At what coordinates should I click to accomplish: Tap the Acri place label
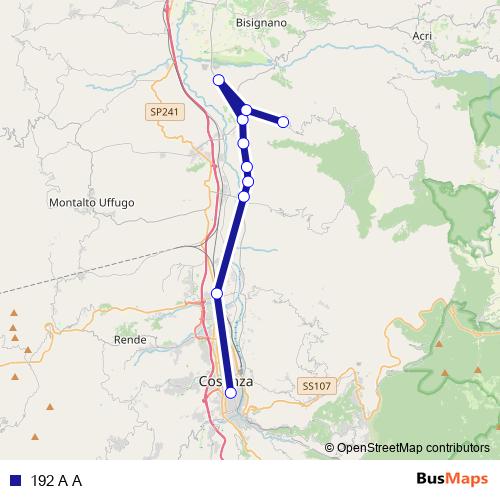pyautogui.click(x=422, y=35)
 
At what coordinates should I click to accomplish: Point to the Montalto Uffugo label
pyautogui.click(x=91, y=203)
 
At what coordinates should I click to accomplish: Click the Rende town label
pyautogui.click(x=130, y=340)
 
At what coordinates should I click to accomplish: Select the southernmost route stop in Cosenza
pyautogui.click(x=231, y=393)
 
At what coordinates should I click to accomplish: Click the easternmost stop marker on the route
pyautogui.click(x=283, y=122)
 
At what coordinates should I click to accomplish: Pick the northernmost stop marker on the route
pyautogui.click(x=219, y=80)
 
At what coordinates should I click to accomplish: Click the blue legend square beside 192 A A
pyautogui.click(x=16, y=480)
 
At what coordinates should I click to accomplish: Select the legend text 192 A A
pyautogui.click(x=56, y=480)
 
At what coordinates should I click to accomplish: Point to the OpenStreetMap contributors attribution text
pyautogui.click(x=412, y=448)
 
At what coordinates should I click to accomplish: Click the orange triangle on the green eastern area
pyautogui.click(x=440, y=345)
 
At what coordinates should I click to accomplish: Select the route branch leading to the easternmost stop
pyautogui.click(x=265, y=116)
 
